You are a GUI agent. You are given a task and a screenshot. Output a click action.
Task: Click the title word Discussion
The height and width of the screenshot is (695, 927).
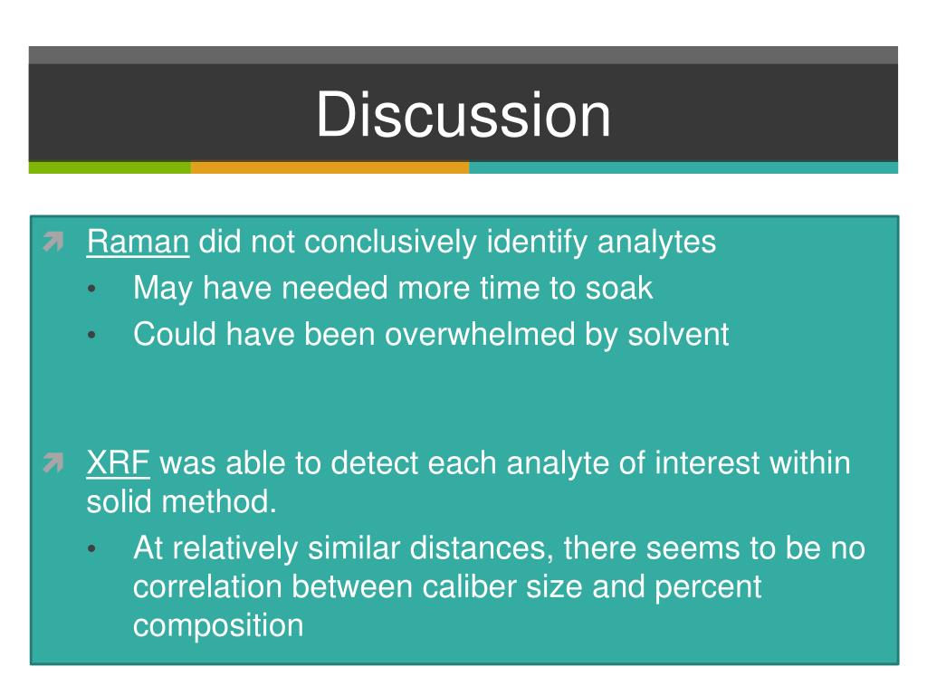463,115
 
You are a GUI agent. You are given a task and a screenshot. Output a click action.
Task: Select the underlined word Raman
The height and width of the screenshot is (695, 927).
138,242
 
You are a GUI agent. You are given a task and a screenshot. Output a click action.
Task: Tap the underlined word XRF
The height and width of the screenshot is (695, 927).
119,462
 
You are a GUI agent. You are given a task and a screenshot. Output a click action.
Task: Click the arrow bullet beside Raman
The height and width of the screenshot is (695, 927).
53,242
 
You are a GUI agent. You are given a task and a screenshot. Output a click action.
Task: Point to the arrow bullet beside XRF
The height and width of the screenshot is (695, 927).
53,462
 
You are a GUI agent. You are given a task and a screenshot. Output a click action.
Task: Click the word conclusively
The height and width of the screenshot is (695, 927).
390,243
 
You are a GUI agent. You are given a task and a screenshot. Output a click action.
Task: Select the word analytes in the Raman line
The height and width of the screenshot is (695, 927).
656,243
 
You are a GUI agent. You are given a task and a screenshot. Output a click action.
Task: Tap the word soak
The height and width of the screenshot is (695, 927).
619,289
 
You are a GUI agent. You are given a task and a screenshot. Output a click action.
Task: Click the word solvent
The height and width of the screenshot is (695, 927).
678,334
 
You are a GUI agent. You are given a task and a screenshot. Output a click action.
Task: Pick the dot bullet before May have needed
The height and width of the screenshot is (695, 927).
91,289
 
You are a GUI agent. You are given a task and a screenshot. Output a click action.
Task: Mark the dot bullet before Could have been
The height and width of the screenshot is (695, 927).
91,335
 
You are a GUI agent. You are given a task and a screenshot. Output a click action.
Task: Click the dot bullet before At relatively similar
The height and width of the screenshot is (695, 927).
91,549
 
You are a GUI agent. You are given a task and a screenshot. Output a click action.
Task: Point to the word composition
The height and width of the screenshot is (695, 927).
218,626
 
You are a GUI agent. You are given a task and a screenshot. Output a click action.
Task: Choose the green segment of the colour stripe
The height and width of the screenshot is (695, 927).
110,167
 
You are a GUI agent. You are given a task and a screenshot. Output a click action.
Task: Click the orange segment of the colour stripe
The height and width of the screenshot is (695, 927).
330,167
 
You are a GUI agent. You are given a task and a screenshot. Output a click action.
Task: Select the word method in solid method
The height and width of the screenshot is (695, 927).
219,501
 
